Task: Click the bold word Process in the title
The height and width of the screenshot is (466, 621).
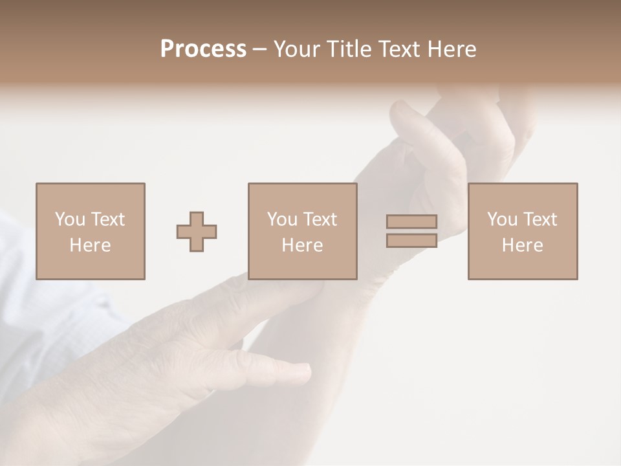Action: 203,49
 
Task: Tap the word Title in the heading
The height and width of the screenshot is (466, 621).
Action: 349,49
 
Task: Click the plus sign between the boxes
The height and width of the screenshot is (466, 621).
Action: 197,232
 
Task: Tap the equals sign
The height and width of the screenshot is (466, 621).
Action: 411,231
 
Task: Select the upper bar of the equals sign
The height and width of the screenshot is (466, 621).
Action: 411,221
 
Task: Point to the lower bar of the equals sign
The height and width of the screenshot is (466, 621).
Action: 411,240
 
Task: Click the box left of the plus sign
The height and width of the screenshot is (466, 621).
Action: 91,231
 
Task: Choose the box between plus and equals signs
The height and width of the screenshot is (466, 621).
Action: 303,231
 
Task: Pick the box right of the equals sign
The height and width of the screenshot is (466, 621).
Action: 523,231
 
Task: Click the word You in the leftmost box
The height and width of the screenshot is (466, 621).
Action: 70,219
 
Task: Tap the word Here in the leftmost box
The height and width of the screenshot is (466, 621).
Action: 91,245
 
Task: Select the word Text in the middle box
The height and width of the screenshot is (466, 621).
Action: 320,219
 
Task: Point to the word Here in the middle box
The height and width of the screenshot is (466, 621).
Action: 303,245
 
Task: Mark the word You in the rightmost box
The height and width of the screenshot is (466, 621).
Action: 502,219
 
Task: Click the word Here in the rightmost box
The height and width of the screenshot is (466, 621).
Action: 523,245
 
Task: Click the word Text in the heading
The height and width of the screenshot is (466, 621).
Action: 399,49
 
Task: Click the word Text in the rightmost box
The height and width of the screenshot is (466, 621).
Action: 540,219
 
